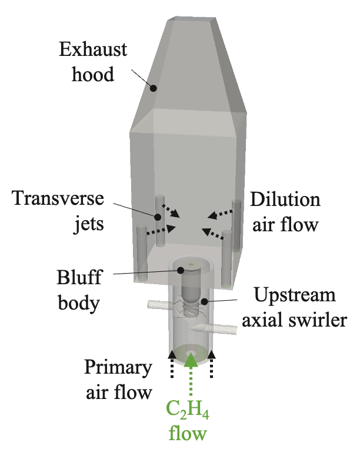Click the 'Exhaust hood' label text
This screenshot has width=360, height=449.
[94, 59]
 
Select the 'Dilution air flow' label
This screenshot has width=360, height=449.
[285, 210]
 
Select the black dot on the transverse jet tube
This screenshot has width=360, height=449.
[158, 217]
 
